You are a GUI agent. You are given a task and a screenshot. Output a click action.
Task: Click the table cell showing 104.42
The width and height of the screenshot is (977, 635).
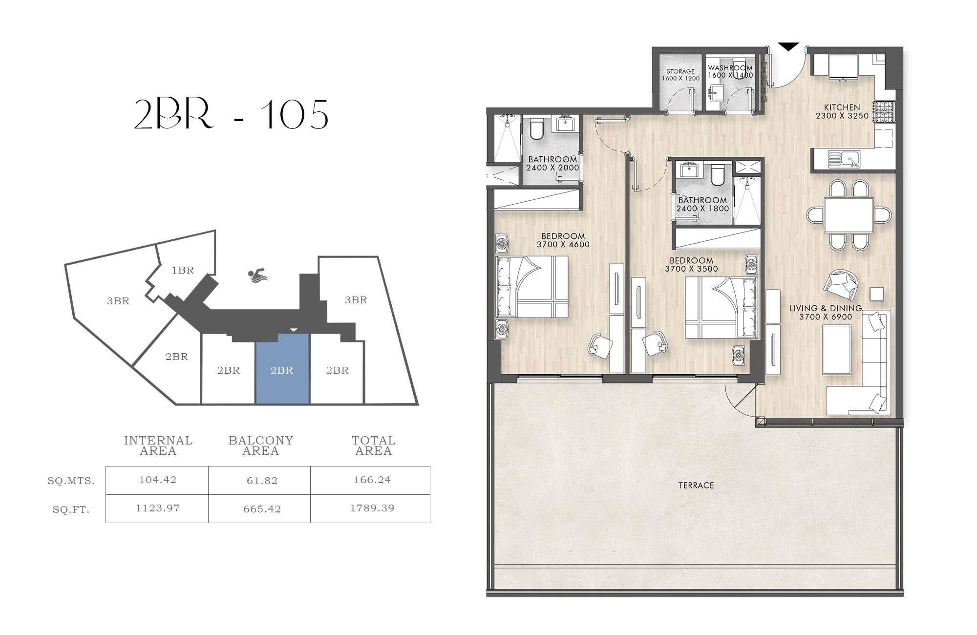(x=157, y=480)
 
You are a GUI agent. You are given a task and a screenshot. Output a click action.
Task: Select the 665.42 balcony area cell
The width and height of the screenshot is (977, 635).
(x=262, y=509)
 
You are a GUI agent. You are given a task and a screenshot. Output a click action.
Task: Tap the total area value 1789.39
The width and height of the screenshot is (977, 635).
(x=372, y=508)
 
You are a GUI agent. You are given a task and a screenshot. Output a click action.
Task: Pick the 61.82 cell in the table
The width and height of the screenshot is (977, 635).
(x=262, y=481)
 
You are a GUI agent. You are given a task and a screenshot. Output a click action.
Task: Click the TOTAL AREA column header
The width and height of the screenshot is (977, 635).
(x=373, y=445)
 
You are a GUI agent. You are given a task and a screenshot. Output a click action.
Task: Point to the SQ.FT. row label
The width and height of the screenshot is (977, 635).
(x=71, y=510)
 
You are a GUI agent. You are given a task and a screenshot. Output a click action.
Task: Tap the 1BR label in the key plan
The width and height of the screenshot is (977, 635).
(x=183, y=270)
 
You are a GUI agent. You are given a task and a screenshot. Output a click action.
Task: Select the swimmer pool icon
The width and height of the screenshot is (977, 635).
(x=257, y=275)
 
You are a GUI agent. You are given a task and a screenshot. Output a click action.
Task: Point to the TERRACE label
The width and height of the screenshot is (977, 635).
(x=696, y=485)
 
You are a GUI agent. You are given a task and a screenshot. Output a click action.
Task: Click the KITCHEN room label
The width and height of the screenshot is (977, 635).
(x=842, y=107)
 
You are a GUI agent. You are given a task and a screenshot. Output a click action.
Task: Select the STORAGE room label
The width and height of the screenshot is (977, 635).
(x=680, y=71)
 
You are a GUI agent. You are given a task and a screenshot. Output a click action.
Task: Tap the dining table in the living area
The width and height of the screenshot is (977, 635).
(x=849, y=215)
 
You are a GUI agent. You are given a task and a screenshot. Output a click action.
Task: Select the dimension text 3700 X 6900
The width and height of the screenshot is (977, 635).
(x=826, y=317)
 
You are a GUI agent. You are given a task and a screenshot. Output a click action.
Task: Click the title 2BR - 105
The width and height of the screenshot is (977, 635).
(x=231, y=114)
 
